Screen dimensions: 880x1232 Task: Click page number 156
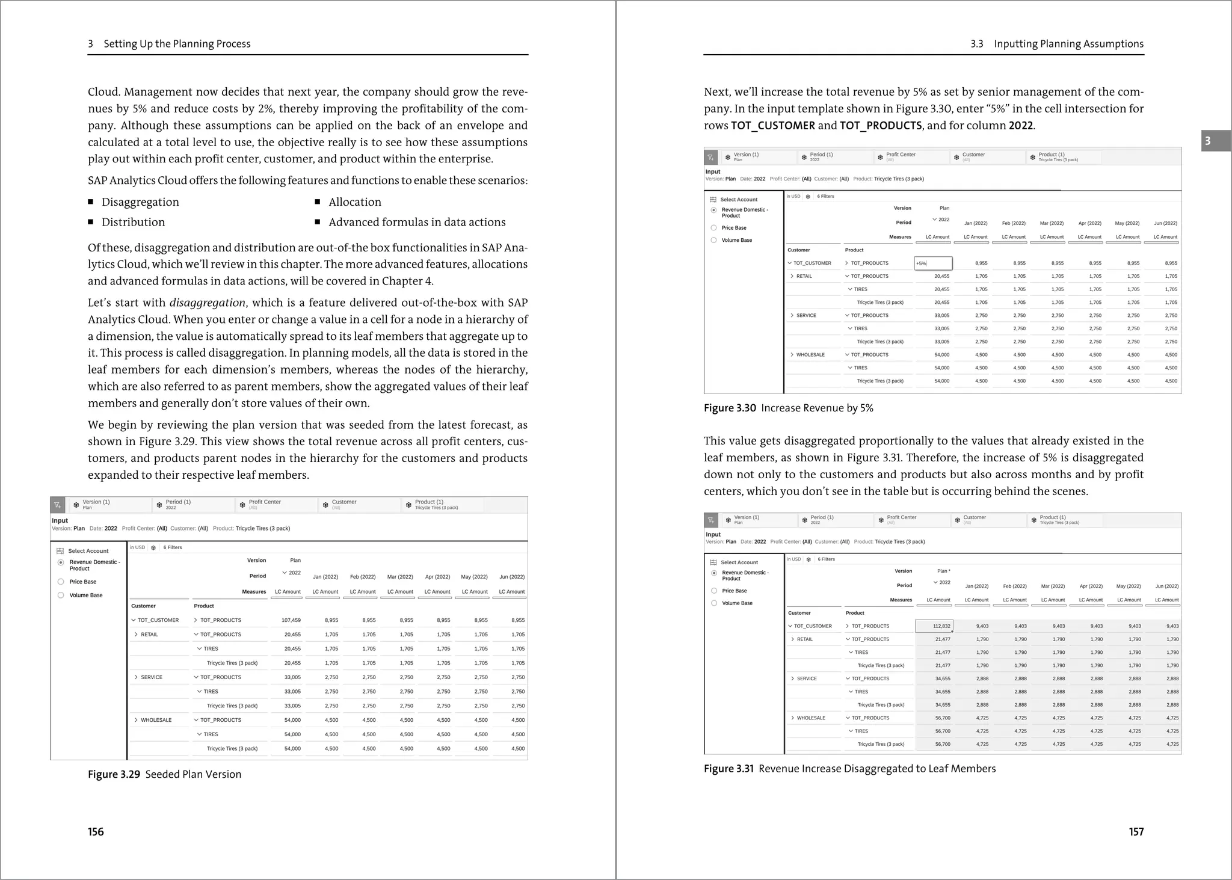coord(96,831)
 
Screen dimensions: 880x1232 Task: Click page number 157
coord(1136,831)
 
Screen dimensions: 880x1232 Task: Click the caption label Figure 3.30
coord(730,408)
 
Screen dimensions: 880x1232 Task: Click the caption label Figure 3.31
coord(728,768)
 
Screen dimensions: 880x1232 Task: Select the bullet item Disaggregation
coord(140,202)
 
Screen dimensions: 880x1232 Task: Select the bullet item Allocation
coord(354,202)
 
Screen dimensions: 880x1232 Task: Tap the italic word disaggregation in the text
coord(207,303)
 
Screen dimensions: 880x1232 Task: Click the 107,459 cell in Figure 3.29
coord(291,620)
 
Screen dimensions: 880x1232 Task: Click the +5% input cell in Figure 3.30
coord(932,263)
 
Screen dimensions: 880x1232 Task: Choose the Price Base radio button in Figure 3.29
coord(61,582)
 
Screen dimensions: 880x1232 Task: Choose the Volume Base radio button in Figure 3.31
coord(714,603)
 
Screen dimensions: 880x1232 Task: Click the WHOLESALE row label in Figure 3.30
coord(810,355)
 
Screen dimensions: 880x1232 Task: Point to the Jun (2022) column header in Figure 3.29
coord(511,577)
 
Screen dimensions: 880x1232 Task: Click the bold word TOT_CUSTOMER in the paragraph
coord(773,126)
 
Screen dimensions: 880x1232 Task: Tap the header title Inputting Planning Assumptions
coord(1068,44)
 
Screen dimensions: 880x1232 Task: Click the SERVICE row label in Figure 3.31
coord(807,678)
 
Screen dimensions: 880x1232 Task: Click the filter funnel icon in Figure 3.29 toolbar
coord(57,505)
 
